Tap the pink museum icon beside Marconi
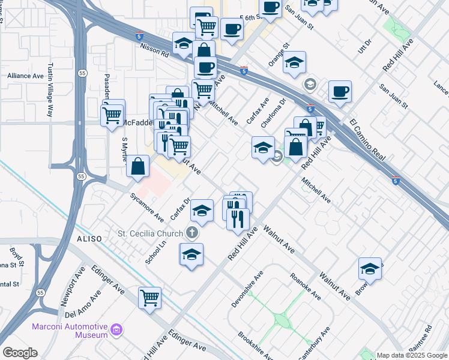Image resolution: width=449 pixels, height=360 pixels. [116, 329]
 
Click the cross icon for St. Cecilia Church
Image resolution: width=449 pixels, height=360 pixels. [192, 232]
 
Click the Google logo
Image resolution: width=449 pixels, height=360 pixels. [20, 353]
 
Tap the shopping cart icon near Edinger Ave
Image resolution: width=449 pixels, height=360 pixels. [149, 296]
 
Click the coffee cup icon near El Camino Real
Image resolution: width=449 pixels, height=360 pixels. [340, 91]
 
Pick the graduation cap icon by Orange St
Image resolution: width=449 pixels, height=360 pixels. [294, 62]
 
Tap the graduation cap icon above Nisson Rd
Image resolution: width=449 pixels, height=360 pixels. [183, 43]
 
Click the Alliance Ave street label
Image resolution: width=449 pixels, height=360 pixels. [26, 76]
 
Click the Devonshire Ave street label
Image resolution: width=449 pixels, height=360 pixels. [248, 289]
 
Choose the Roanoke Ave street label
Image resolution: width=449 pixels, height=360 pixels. [306, 287]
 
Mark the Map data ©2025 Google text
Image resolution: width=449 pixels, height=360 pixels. [412, 355]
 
